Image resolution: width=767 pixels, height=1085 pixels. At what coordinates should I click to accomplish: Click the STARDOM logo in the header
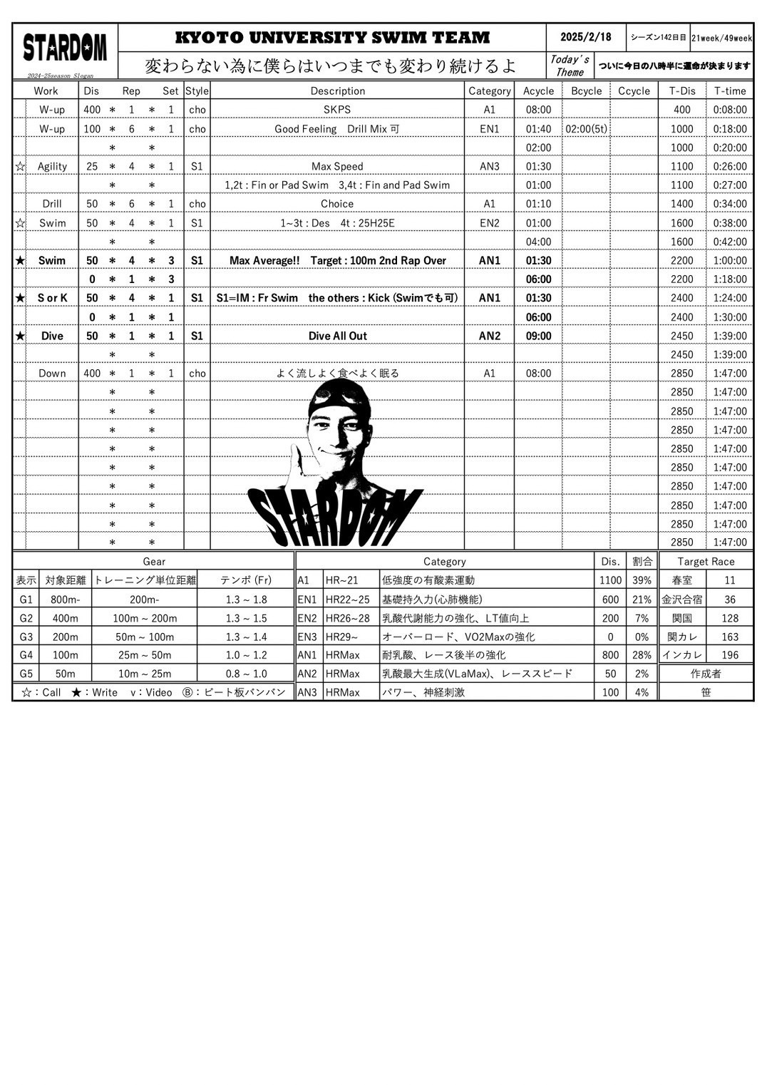click(x=65, y=48)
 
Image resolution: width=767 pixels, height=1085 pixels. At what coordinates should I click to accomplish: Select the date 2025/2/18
click(x=585, y=37)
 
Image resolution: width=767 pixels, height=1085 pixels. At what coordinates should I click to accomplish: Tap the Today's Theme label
click(x=569, y=66)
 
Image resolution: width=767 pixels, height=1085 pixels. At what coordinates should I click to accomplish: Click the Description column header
click(x=337, y=91)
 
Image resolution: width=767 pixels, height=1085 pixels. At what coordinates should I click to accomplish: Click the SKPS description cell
click(x=337, y=110)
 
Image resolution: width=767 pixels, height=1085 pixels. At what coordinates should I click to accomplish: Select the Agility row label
click(x=52, y=166)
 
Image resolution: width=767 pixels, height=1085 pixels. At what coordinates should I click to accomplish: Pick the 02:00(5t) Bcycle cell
click(x=586, y=129)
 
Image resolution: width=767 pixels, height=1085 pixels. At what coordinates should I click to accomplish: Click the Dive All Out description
click(x=337, y=336)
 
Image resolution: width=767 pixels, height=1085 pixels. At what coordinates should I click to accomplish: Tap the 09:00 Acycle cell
click(x=538, y=336)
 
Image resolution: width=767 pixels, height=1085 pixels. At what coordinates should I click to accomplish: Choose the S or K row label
click(x=52, y=298)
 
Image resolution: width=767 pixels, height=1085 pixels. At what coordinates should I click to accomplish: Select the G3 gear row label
click(x=26, y=637)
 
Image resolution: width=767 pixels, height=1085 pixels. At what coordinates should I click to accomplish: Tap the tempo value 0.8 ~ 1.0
click(x=246, y=674)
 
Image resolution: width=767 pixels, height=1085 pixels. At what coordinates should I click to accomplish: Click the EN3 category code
click(x=307, y=637)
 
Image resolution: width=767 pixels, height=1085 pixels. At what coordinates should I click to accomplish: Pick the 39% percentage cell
click(x=642, y=580)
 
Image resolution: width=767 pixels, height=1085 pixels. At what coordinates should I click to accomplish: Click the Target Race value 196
click(x=729, y=655)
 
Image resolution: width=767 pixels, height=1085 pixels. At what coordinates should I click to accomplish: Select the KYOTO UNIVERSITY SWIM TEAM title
click(x=332, y=37)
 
